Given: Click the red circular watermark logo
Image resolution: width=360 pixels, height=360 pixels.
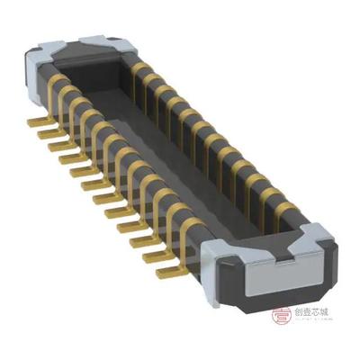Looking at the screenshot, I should tap(282, 314).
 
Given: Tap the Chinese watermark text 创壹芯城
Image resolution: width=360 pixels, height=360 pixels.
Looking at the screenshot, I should tap(319, 314).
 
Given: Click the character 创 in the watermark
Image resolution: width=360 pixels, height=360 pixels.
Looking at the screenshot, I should tap(301, 314).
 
